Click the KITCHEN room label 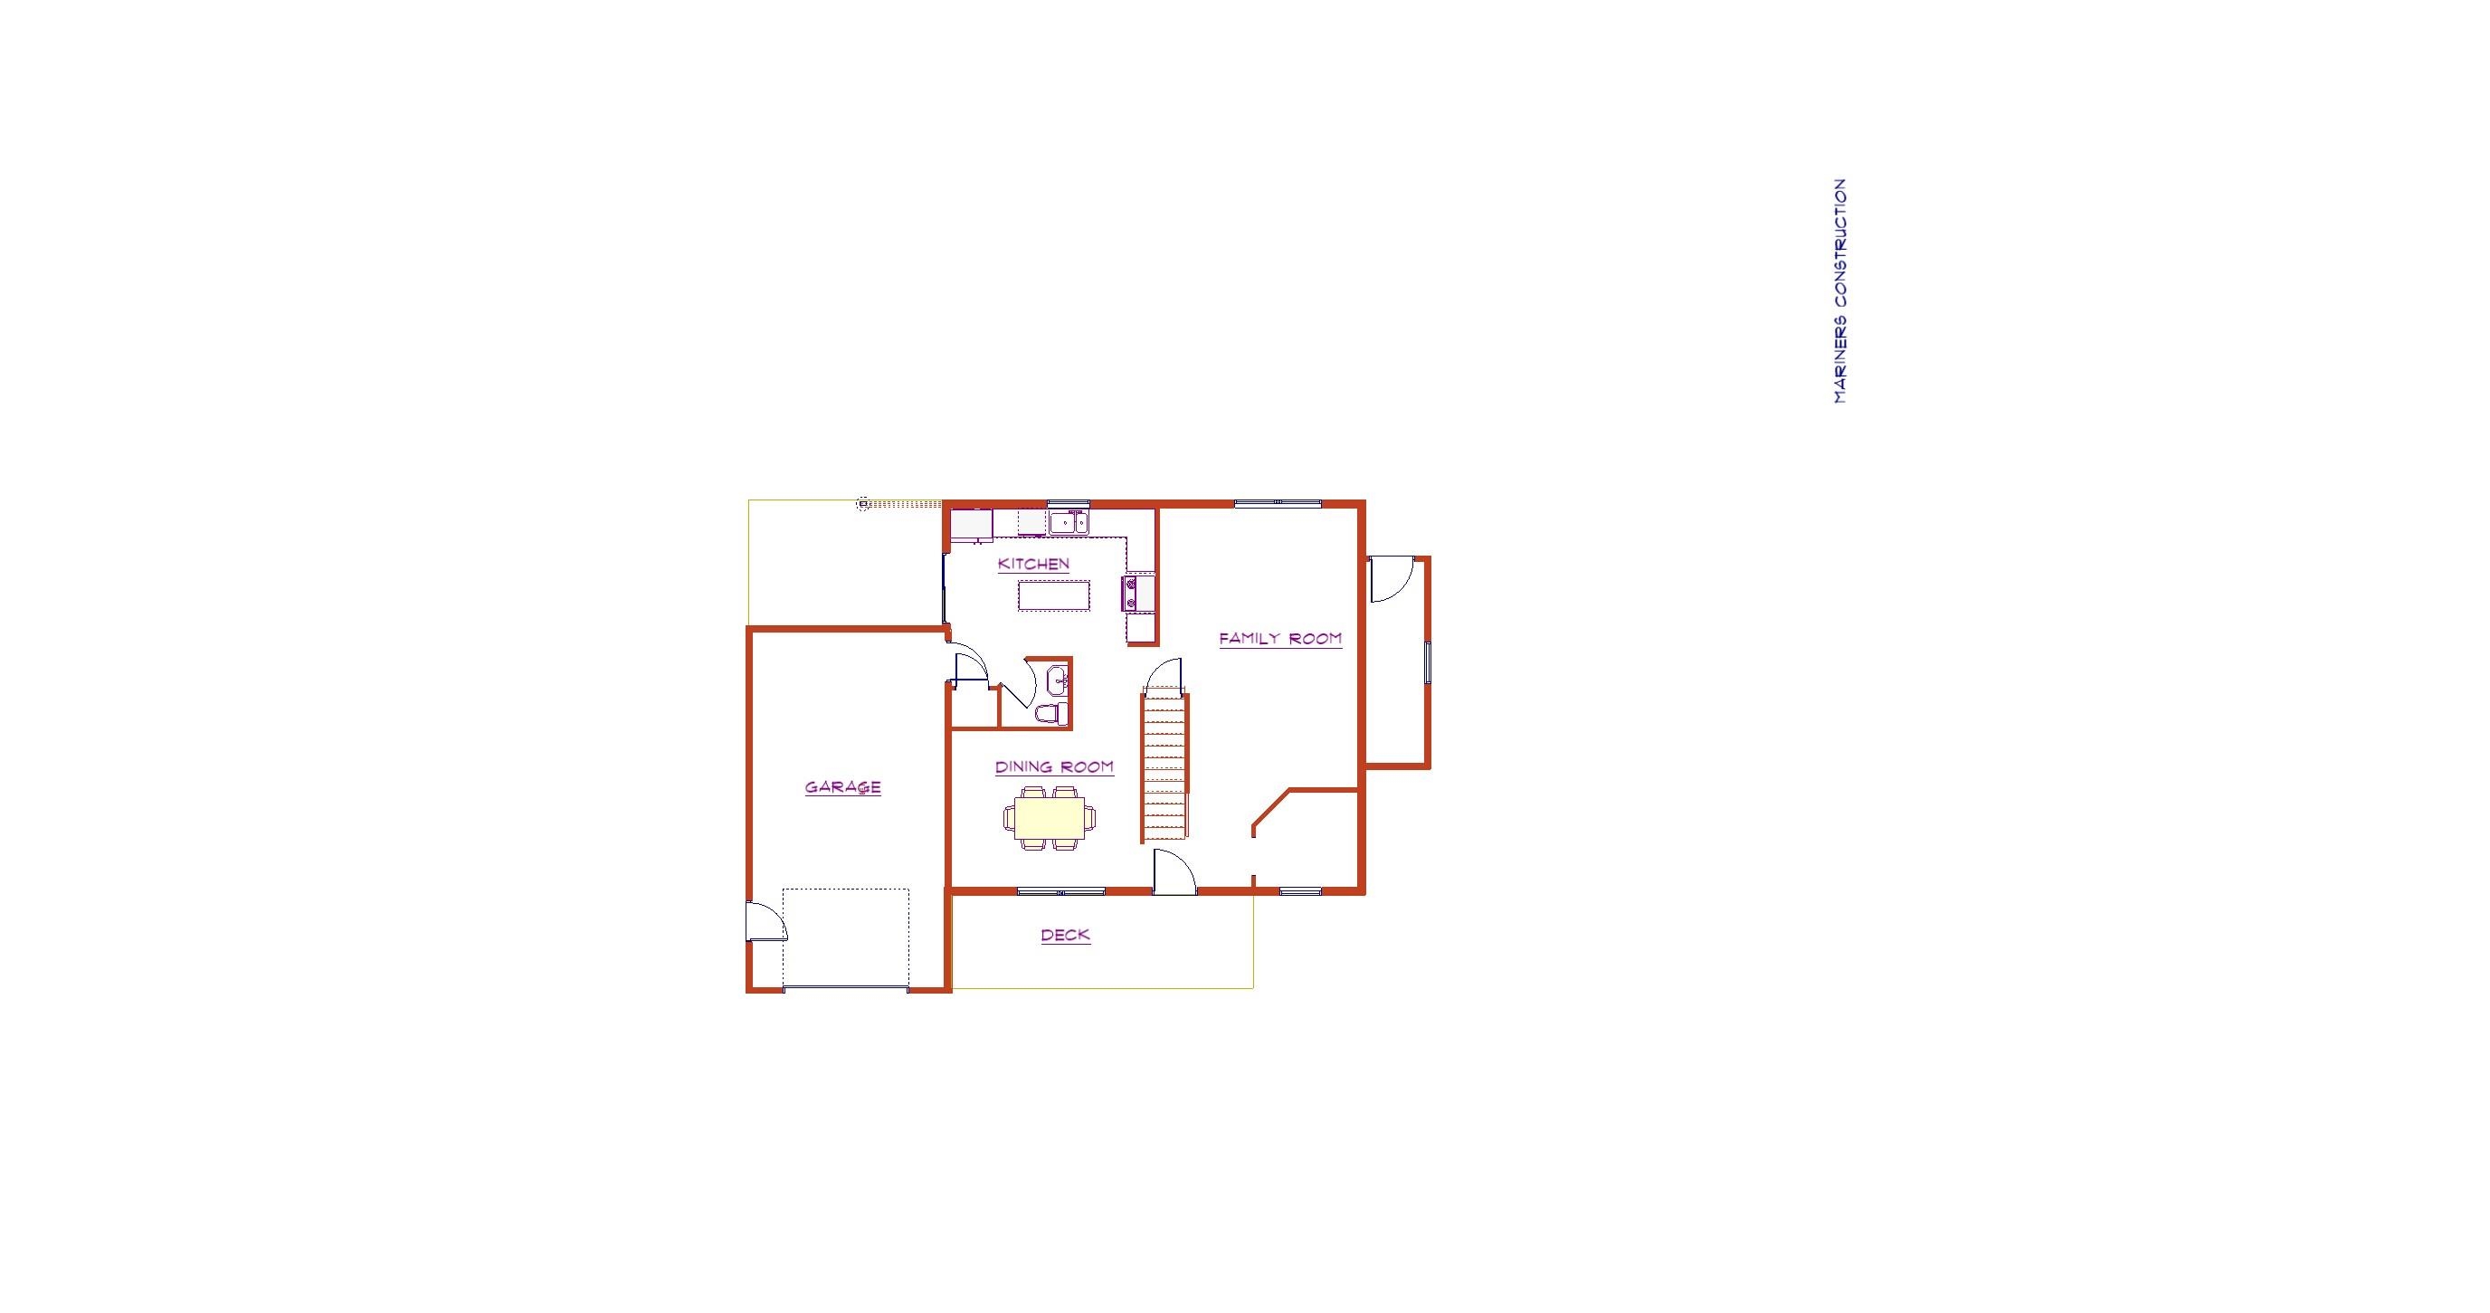[x=1033, y=564]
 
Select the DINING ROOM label [x=1055, y=766]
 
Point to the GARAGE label [x=843, y=787]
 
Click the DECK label [x=1065, y=935]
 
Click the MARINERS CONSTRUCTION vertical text [x=1839, y=291]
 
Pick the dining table [x=1050, y=818]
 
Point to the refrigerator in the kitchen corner [x=972, y=525]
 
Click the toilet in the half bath [x=1052, y=715]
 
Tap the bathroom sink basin [x=1059, y=680]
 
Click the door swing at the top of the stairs [x=1164, y=675]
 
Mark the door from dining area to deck [x=1174, y=871]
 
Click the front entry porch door [x=1392, y=579]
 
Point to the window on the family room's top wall [x=1278, y=503]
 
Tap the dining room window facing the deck [x=1061, y=890]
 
